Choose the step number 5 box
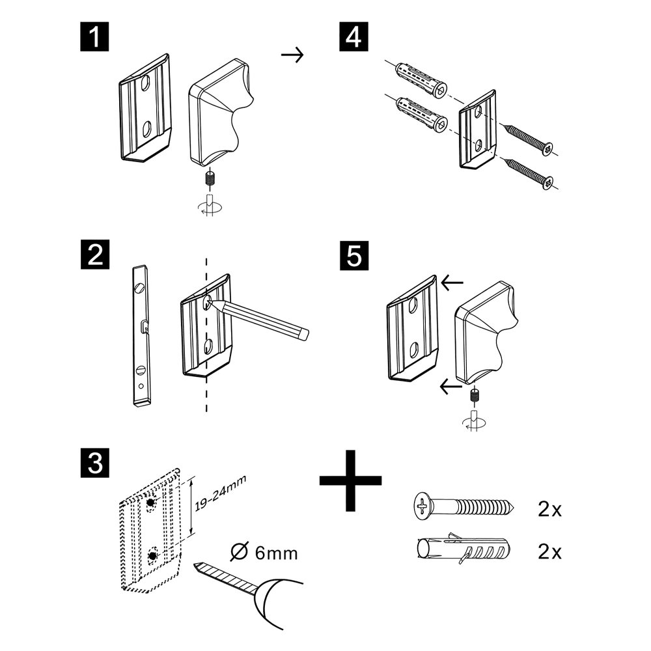point(353,254)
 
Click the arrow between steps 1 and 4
point(292,55)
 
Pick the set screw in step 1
point(210,178)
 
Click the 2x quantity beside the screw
point(550,509)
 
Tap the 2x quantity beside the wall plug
point(550,553)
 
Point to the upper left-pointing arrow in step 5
point(452,283)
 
